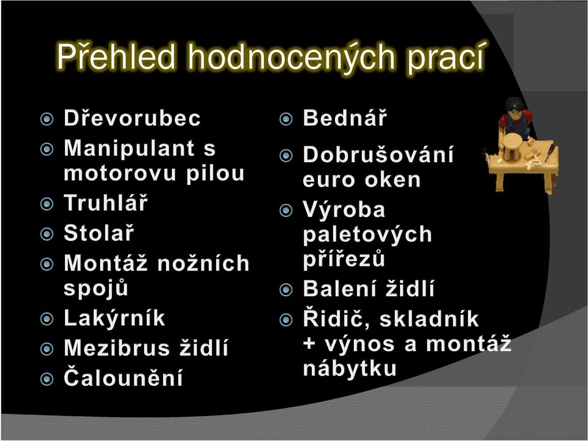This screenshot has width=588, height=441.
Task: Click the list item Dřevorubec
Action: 132,118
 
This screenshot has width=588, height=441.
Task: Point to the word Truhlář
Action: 106,203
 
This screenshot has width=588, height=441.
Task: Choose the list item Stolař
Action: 99,233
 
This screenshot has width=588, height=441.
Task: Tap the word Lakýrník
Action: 115,318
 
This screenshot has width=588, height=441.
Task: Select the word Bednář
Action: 345,118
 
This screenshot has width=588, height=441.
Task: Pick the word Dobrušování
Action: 378,154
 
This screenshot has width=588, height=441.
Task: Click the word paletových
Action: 367,235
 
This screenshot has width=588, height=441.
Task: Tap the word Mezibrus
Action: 116,348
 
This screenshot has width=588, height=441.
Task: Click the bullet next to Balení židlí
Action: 286,290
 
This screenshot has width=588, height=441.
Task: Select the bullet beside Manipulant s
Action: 47,149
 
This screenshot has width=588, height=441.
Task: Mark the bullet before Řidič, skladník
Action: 286,320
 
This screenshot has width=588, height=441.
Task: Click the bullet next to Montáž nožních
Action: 47,265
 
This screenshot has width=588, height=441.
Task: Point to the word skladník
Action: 429,319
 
